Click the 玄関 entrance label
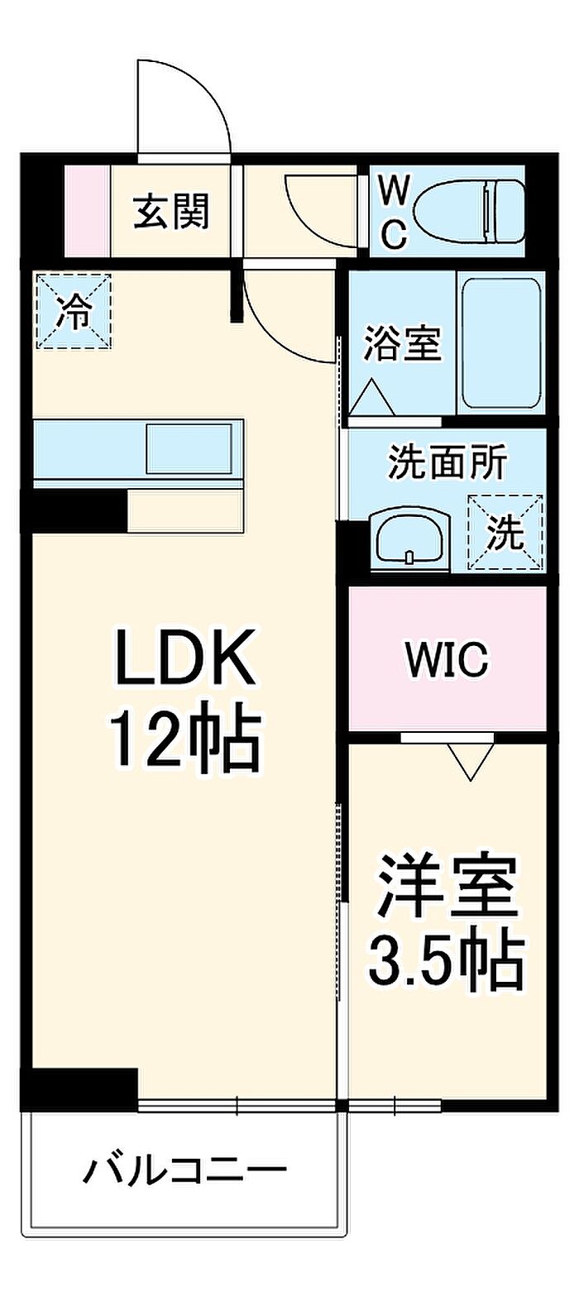click(x=172, y=212)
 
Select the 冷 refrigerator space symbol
click(x=74, y=312)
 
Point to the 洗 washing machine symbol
click(x=505, y=533)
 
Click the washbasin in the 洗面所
click(x=411, y=540)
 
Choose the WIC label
click(x=447, y=659)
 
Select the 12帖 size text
click(x=186, y=738)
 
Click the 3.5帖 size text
click(x=447, y=959)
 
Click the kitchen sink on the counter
click(x=189, y=447)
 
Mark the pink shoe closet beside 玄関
click(x=87, y=212)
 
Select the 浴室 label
click(x=403, y=342)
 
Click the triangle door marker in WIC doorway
click(x=471, y=761)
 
